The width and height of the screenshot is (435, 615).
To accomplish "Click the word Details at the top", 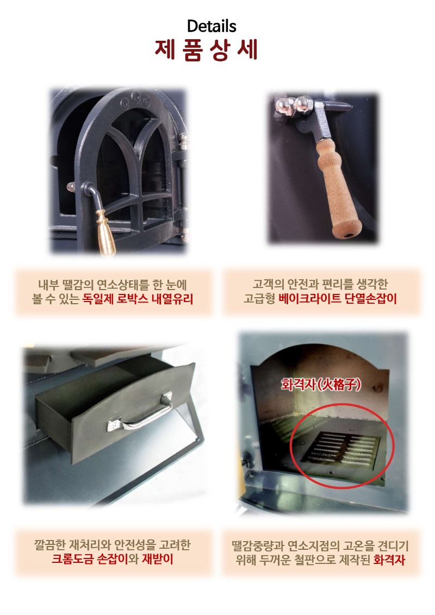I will (212, 26).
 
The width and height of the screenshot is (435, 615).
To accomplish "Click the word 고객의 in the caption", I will (265, 284).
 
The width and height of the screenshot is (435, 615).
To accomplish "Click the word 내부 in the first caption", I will (48, 284).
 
